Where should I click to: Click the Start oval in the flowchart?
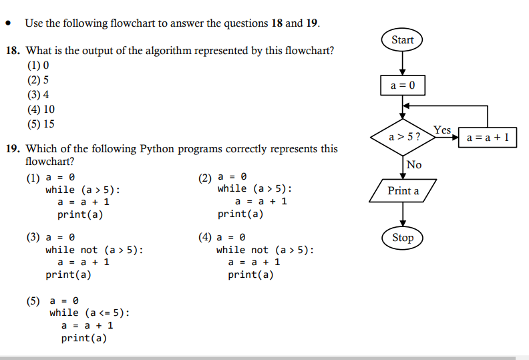click(402, 40)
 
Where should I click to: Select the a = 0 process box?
click(402, 85)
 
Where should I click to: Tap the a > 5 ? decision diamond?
click(403, 137)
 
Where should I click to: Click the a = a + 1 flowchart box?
click(487, 138)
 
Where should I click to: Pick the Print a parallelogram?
click(403, 191)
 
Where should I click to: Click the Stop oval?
click(403, 238)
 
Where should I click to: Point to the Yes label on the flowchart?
click(442, 130)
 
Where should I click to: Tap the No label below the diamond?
click(414, 164)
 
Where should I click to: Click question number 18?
click(13, 51)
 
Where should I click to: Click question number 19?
click(13, 149)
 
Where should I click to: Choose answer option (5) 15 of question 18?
click(41, 124)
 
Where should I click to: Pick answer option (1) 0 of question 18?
click(38, 66)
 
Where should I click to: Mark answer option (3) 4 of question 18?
click(38, 95)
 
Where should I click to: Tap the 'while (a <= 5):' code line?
click(90, 313)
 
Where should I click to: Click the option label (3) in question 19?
click(33, 237)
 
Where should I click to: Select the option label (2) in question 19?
click(205, 177)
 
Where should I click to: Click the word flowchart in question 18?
click(311, 51)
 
